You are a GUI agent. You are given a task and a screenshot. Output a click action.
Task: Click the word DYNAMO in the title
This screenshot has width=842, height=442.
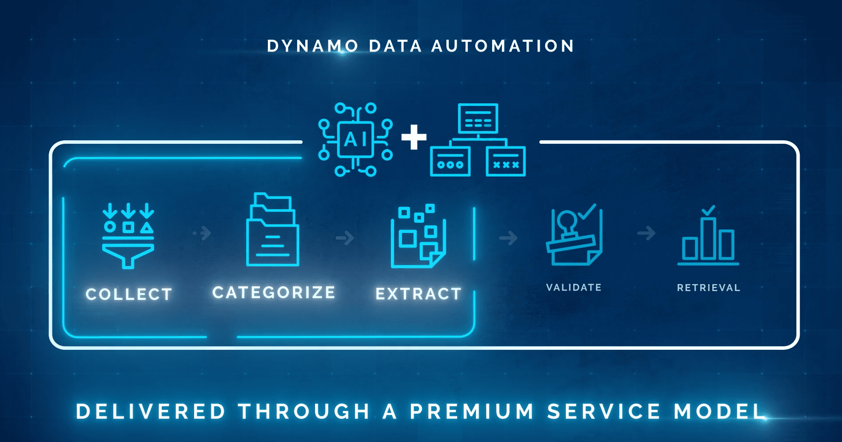coord(313,46)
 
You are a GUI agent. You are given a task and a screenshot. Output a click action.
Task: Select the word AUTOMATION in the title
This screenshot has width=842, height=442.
coord(503,46)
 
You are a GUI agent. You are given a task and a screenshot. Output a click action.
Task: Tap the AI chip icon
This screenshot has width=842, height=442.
coord(355,140)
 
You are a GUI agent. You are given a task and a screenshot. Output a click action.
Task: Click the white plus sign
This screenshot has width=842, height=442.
coord(413,137)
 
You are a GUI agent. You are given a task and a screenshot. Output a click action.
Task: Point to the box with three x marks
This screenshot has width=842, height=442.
coord(506,161)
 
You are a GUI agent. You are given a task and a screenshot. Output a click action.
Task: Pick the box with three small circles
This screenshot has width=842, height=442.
coord(450,161)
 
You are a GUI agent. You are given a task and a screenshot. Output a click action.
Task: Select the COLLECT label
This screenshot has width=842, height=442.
coord(129,294)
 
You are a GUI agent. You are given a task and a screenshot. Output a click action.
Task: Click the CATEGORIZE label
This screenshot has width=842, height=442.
coord(274,292)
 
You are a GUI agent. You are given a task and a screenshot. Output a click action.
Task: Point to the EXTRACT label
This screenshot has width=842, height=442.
coord(418,294)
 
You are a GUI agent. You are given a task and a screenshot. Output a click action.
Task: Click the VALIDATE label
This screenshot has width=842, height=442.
coord(574,288)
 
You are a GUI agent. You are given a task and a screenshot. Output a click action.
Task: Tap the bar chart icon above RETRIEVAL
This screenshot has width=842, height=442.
coord(708,240)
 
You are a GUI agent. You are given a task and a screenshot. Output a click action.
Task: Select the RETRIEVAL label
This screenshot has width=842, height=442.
coord(708,288)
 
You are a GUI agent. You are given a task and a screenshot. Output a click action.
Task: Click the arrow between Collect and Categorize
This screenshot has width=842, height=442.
coord(203,233)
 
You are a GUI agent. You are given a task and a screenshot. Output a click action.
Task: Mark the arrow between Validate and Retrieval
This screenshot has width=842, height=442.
coord(647,233)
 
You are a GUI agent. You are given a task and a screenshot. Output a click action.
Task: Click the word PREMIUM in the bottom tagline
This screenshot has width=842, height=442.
coord(472,412)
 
